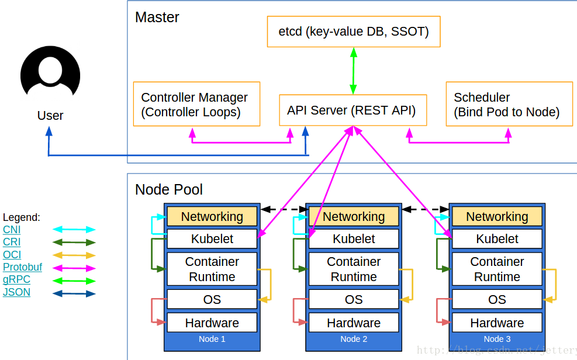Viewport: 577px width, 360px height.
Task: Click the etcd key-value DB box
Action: point(354,32)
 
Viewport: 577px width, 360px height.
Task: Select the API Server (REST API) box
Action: point(353,110)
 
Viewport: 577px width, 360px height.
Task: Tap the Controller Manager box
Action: point(196,104)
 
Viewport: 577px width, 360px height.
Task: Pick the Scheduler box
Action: point(509,104)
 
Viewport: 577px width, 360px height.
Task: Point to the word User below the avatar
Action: point(50,116)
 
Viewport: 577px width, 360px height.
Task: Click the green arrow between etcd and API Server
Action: point(353,71)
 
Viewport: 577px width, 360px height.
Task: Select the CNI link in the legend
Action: point(12,230)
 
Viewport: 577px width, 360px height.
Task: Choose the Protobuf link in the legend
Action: point(22,267)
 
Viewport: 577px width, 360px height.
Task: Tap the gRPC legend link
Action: point(16,279)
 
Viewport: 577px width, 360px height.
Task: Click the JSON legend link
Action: point(16,292)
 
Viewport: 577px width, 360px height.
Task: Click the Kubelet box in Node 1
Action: point(212,239)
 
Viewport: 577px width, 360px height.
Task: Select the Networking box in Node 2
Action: point(354,217)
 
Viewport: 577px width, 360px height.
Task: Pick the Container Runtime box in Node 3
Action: point(497,269)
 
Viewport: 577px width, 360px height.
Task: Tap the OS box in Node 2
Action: point(354,299)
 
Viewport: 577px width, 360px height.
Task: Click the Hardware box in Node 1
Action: point(212,323)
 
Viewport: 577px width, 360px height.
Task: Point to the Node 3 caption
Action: point(497,339)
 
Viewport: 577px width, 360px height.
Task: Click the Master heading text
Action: point(157,18)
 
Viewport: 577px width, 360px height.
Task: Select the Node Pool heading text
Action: point(169,190)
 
